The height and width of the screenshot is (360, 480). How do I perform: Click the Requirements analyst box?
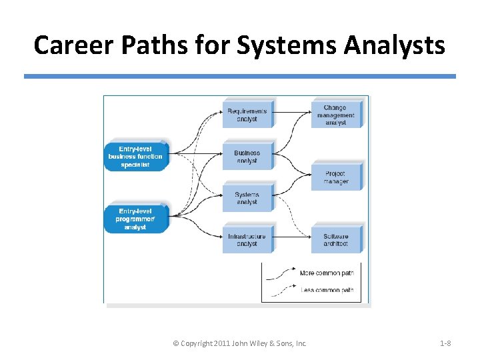coord(247,115)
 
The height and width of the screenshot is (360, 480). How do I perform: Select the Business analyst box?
coord(247,157)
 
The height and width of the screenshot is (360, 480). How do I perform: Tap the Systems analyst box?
coord(247,198)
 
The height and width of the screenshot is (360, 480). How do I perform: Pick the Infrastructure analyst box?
coord(247,240)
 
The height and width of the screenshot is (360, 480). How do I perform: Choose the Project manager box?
coord(336,177)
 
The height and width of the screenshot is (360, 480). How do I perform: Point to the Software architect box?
coord(336,240)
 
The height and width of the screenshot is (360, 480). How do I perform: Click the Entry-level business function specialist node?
coord(135,157)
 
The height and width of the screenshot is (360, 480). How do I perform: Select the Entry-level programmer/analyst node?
coord(135,219)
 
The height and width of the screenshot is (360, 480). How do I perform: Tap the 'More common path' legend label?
coord(326,273)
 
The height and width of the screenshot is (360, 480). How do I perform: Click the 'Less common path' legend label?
coord(326,290)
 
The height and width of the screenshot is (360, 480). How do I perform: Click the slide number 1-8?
coord(445,343)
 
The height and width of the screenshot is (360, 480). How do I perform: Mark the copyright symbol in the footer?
coord(175,343)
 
